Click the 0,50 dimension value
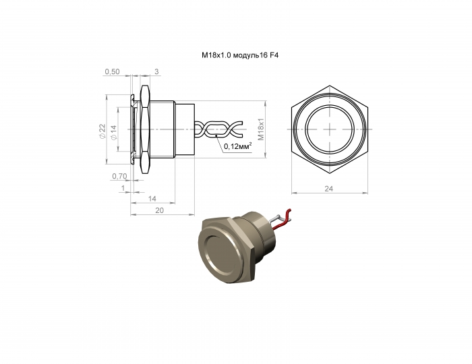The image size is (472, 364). (113, 71)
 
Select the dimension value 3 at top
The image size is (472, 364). (156, 71)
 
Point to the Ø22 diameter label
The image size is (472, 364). (101, 131)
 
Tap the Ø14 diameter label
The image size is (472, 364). (113, 131)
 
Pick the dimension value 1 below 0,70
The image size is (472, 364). (122, 188)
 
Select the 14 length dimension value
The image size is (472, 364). (152, 200)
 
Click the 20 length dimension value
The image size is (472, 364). (159, 211)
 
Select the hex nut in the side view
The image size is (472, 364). (144, 128)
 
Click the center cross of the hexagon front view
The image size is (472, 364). (330, 128)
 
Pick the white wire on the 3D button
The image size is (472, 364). (278, 218)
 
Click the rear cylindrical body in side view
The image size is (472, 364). (184, 128)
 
